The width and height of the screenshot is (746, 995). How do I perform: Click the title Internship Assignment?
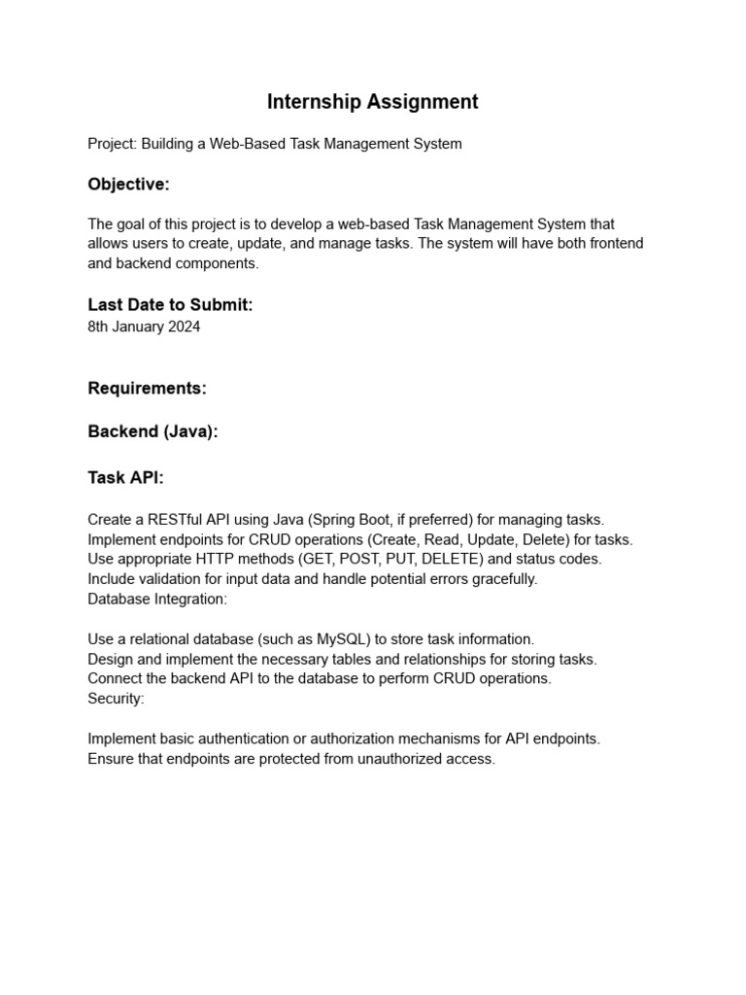pyautogui.click(x=373, y=101)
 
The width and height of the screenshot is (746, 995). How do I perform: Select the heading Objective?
pyautogui.click(x=128, y=185)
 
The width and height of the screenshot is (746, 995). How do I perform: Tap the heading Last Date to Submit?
pyautogui.click(x=170, y=305)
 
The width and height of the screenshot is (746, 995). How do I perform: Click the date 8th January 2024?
pyautogui.click(x=144, y=326)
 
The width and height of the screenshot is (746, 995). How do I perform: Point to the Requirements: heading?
pyautogui.click(x=147, y=389)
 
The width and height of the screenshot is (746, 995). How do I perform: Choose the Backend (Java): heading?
pyautogui.click(x=153, y=432)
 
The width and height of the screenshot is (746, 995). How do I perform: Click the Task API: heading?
pyautogui.click(x=125, y=477)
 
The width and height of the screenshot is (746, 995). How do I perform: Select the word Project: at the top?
pyautogui.click(x=112, y=144)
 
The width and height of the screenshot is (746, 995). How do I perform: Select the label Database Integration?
pyautogui.click(x=157, y=599)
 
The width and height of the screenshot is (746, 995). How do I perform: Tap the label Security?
pyautogui.click(x=116, y=699)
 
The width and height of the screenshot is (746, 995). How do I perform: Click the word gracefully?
pyautogui.click(x=502, y=579)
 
